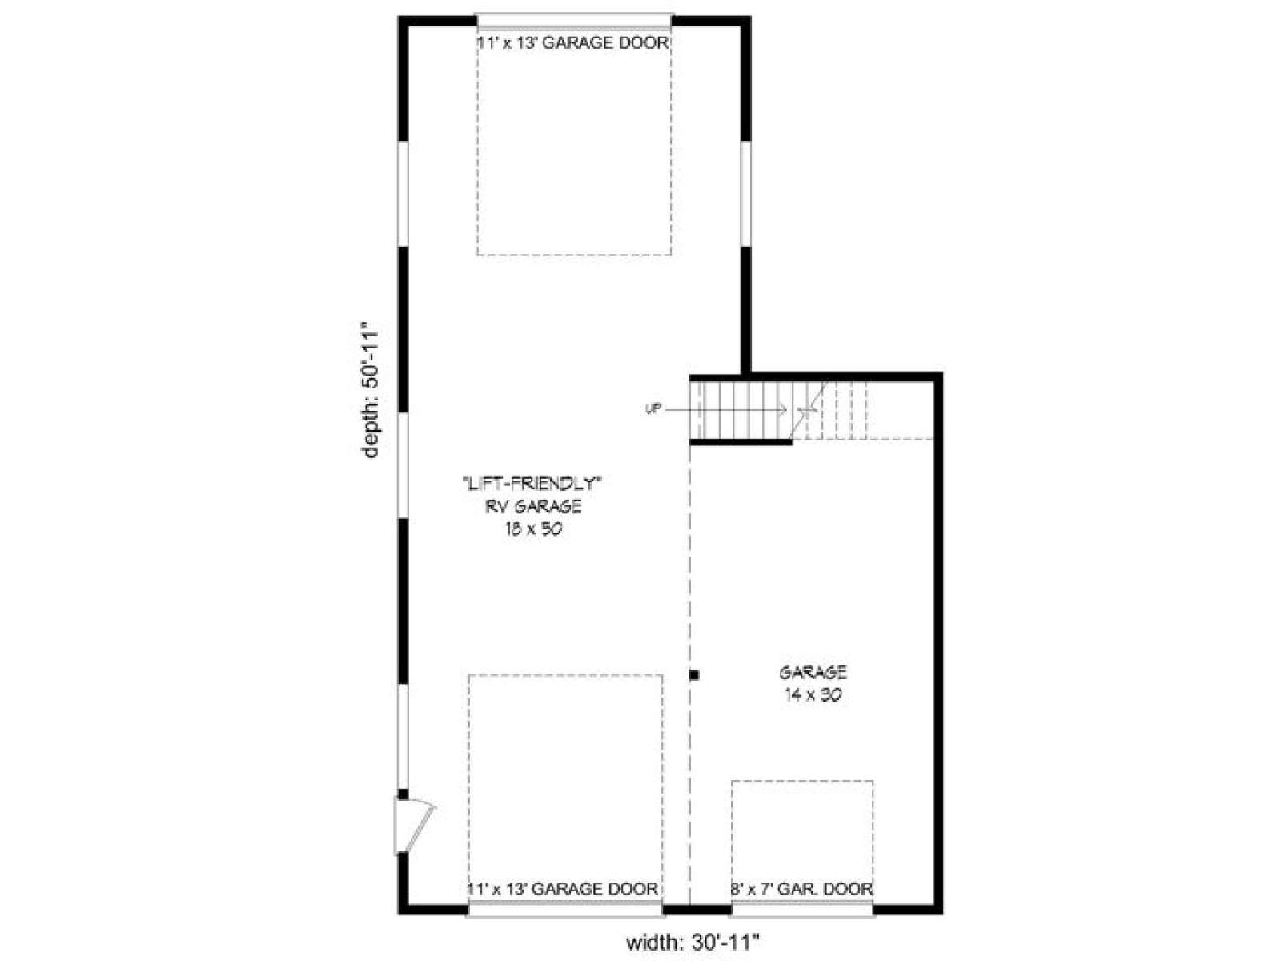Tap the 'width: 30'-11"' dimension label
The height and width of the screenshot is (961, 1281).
[693, 942]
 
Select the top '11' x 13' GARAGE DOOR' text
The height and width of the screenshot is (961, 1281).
[572, 42]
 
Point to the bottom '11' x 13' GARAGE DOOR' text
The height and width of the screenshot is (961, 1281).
[563, 888]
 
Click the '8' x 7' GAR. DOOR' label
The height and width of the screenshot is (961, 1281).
[802, 889]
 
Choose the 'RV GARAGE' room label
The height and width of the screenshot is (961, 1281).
[533, 506]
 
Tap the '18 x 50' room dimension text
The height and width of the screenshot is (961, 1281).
[533, 529]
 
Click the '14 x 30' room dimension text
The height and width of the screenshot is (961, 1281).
[813, 695]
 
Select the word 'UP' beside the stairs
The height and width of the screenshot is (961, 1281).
[653, 409]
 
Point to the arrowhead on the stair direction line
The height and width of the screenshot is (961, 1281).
[782, 409]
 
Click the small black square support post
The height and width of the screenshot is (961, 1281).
[694, 675]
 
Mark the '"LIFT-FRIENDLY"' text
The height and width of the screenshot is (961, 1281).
[532, 483]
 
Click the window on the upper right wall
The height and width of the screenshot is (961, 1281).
[745, 193]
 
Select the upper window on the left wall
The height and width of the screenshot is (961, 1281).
[403, 193]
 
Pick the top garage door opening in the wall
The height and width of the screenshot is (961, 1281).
[574, 21]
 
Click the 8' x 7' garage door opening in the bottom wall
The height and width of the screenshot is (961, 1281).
[802, 909]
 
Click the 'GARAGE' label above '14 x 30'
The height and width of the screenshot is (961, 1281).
[813, 672]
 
